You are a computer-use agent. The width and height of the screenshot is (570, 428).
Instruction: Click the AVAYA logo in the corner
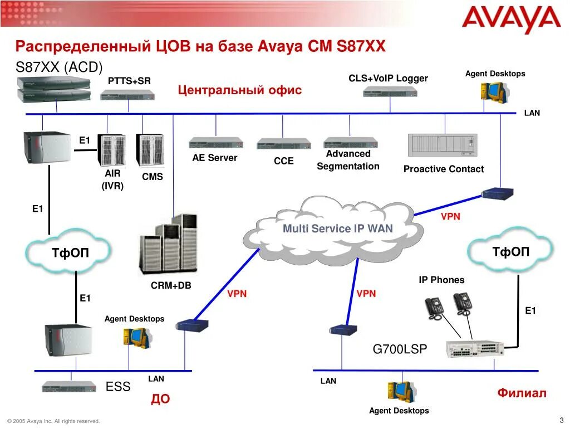point(511,21)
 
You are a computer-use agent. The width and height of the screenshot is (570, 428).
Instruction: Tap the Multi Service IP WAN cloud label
point(337,228)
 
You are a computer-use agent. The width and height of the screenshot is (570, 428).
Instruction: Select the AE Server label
point(215,158)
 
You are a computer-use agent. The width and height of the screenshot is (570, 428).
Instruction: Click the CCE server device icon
point(283,143)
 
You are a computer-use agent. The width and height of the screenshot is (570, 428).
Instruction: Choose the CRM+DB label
point(171,285)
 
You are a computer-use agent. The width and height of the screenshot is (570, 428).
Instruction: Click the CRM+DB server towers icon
point(168,246)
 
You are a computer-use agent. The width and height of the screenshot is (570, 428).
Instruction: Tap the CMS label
point(153,177)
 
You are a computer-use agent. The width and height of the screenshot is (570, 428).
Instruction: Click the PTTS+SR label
point(129,81)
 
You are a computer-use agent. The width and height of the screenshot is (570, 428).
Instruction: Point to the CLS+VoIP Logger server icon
point(390,92)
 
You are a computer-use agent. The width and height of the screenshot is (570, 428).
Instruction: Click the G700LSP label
point(400,349)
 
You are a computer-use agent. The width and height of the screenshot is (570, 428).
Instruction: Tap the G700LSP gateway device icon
point(474,349)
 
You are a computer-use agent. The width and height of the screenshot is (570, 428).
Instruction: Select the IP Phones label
point(441,280)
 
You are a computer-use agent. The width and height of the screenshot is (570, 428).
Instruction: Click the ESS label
point(118,387)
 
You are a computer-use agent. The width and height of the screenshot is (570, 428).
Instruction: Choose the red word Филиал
point(522,393)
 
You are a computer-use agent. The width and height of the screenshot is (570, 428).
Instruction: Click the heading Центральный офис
point(240,90)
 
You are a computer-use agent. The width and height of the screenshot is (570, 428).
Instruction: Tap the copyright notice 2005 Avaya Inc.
point(53,421)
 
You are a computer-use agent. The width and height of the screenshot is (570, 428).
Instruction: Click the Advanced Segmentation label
point(348,160)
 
